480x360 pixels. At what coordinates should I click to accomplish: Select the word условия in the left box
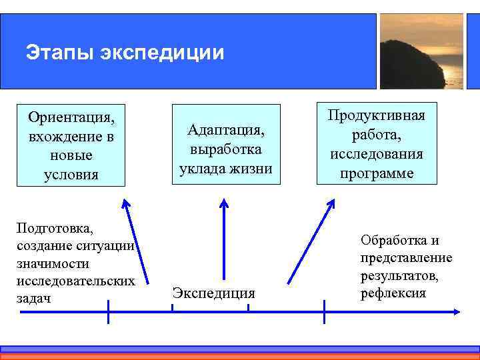(71, 174)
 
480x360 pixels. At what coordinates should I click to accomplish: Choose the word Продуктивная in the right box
(377, 115)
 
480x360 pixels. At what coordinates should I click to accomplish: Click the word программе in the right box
(377, 173)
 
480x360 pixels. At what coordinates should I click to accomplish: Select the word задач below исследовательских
(33, 298)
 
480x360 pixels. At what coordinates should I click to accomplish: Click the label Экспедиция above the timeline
(213, 292)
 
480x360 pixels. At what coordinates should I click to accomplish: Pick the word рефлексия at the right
(393, 293)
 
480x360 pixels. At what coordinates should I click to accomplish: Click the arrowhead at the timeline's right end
(455, 311)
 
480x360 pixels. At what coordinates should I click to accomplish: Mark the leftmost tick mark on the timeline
(108, 311)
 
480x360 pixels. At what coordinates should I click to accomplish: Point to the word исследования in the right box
(377, 154)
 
